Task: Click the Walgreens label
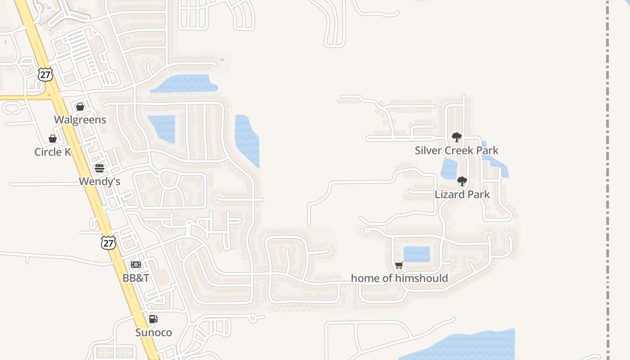tap(80, 120)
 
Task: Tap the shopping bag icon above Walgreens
tap(80, 107)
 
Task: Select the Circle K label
tap(53, 152)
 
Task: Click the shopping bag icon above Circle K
tap(53, 139)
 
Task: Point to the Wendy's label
tap(99, 181)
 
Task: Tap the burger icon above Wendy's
tap(99, 168)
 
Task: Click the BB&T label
tap(136, 278)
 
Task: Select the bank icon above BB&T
tap(136, 265)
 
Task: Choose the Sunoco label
tap(153, 333)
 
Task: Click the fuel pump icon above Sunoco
tap(153, 319)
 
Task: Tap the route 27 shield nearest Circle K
tap(45, 74)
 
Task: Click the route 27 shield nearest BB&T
tap(108, 243)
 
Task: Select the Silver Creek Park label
tap(456, 150)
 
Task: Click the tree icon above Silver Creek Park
tap(456, 137)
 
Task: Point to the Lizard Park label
tap(462, 194)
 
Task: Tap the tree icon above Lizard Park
tap(462, 181)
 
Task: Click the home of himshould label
tap(399, 278)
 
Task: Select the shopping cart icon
tap(399, 265)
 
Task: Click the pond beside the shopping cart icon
tap(417, 254)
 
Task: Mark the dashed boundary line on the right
tap(607, 180)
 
